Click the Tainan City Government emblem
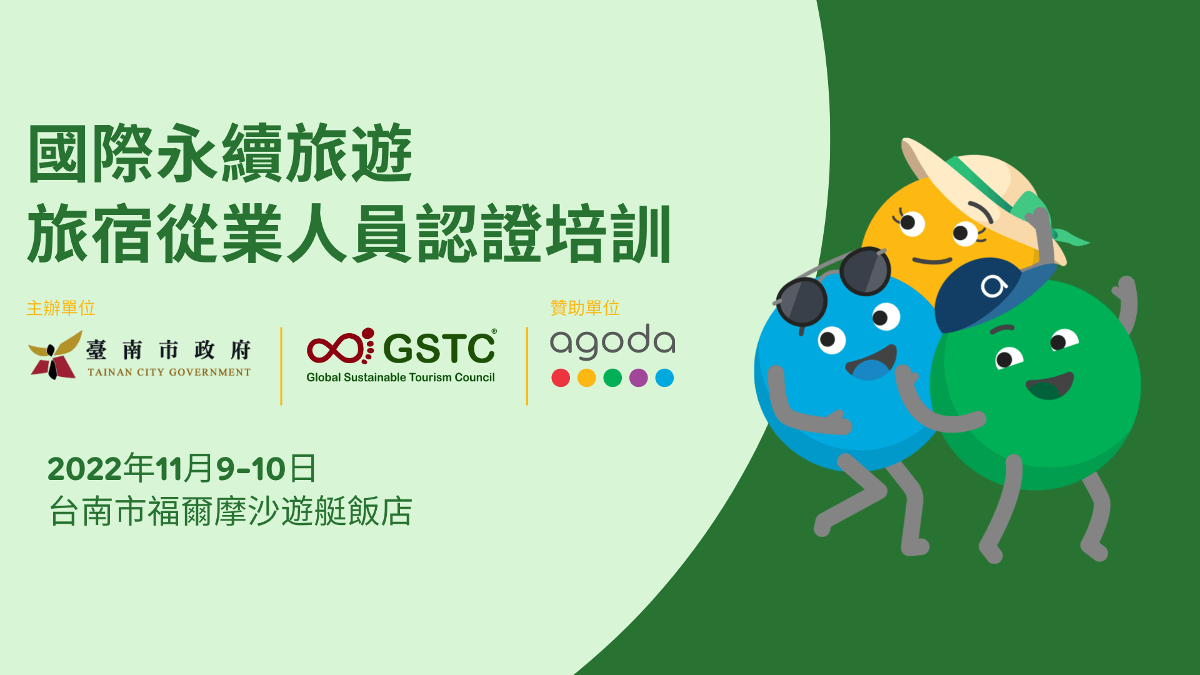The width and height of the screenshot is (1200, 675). [x=55, y=355]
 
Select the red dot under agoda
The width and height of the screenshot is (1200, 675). [x=561, y=378]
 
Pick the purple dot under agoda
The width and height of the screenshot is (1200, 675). [x=638, y=378]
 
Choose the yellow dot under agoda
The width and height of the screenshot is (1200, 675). [x=586, y=378]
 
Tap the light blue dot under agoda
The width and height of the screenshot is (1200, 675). [x=664, y=378]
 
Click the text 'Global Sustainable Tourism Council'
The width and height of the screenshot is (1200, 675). [x=401, y=377]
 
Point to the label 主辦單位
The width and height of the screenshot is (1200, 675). [x=61, y=308]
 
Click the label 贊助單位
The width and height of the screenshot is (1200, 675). [x=585, y=308]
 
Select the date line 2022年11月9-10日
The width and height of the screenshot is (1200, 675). [x=182, y=469]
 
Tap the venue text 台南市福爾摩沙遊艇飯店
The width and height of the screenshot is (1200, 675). [x=231, y=511]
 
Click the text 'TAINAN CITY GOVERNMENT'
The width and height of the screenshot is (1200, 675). [x=169, y=372]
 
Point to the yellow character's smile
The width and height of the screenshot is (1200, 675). [x=932, y=261]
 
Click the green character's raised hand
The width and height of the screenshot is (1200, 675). [x=1125, y=300]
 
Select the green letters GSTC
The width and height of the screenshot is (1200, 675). [x=439, y=347]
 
